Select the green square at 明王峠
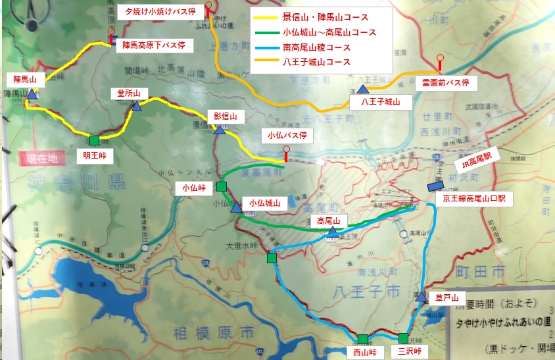click(x=95, y=140)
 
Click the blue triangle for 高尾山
click(x=333, y=232)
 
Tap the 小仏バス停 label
click(x=286, y=136)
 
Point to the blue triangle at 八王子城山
click(x=362, y=90)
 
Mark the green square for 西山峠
click(x=363, y=340)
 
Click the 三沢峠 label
click(x=404, y=351)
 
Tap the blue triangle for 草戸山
click(x=421, y=297)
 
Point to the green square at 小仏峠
click(x=221, y=186)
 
